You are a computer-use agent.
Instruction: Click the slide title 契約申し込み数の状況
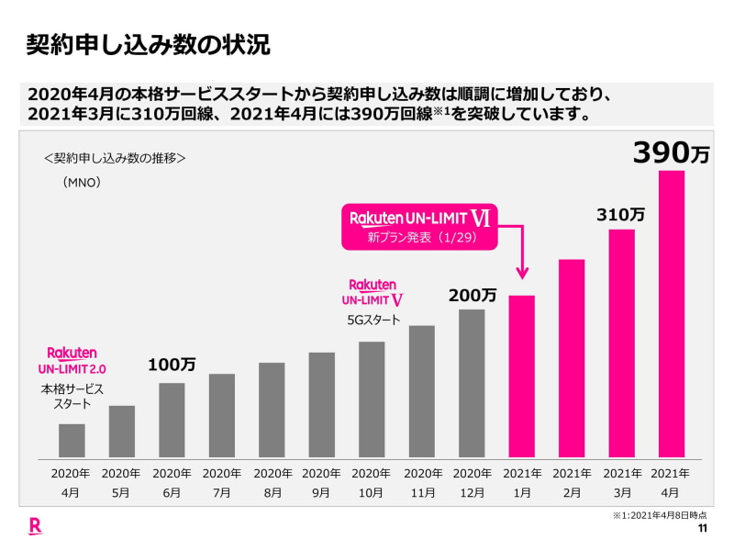148,44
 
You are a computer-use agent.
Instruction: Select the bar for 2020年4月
72,441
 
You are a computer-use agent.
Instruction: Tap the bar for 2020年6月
172,420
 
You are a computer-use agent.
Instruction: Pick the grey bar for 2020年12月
472,383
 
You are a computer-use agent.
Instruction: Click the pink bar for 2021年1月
521,377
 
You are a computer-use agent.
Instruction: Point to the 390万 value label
672,152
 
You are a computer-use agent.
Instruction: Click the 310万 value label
621,215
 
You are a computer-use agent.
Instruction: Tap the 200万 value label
473,296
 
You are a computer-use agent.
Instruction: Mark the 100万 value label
172,365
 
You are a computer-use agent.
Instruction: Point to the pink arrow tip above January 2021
522,275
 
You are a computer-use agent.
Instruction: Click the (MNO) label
82,182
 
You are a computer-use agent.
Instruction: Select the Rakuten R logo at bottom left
35,526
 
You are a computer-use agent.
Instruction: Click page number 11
703,529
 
